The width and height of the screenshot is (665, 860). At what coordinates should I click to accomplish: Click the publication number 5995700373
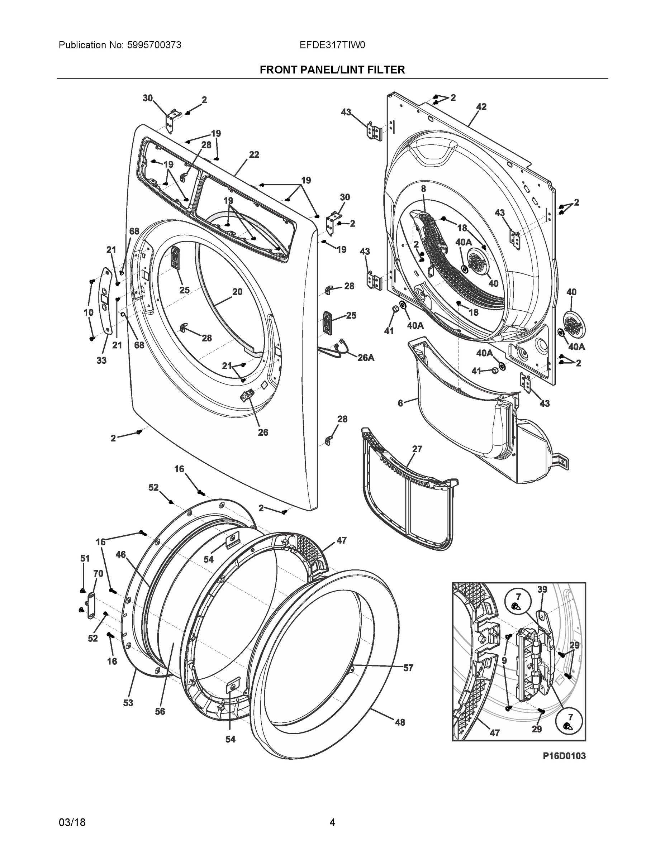[x=154, y=45]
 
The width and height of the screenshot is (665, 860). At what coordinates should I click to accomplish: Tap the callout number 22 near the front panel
[x=254, y=155]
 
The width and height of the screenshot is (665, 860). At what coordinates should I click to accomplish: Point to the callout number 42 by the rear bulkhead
[x=481, y=107]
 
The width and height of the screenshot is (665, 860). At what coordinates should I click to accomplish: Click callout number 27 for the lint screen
[x=417, y=449]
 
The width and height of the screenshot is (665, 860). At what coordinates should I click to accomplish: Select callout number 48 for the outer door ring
[x=400, y=722]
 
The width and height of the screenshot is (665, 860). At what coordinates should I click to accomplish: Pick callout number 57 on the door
[x=408, y=668]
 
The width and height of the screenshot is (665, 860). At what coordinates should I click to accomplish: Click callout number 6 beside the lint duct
[x=400, y=403]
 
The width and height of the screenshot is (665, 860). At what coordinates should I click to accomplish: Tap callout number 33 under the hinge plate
[x=102, y=360]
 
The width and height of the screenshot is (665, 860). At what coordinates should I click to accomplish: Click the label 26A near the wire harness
[x=366, y=358]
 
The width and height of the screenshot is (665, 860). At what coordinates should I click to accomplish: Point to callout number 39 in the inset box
[x=542, y=589]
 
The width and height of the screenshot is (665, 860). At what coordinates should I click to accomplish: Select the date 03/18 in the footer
[x=72, y=823]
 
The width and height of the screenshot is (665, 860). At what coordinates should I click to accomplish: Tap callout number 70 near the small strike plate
[x=98, y=573]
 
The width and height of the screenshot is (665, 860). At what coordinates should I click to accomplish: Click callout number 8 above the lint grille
[x=423, y=188]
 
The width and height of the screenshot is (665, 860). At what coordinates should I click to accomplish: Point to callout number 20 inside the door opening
[x=237, y=292]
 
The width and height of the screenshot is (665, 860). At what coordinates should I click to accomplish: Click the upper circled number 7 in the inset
[x=518, y=597]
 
